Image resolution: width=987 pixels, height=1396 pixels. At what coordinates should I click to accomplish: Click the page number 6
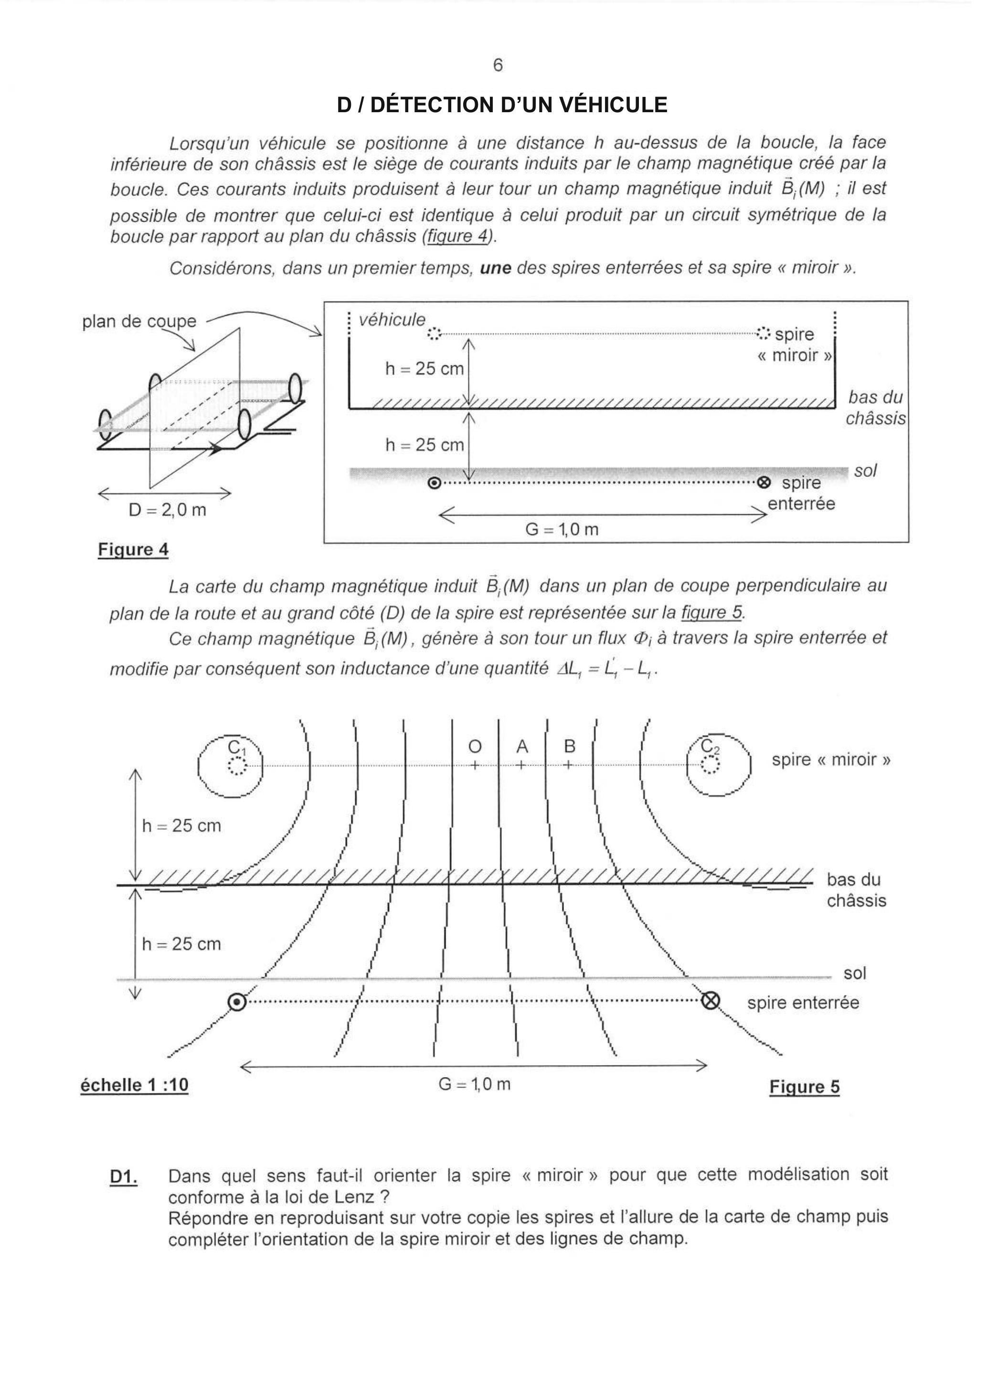pyautogui.click(x=498, y=66)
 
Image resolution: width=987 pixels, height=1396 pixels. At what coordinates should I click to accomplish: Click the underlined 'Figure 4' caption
pyautogui.click(x=133, y=550)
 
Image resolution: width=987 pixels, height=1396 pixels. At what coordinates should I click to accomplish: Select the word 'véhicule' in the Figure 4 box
pyautogui.click(x=392, y=320)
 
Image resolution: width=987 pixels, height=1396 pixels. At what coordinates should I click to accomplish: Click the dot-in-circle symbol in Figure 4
pyautogui.click(x=434, y=483)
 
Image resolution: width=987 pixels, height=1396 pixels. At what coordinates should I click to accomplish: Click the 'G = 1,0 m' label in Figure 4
pyautogui.click(x=562, y=529)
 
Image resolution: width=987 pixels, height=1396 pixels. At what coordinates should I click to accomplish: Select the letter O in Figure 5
pyautogui.click(x=475, y=747)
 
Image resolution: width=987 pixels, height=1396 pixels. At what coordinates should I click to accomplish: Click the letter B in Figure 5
pyautogui.click(x=569, y=747)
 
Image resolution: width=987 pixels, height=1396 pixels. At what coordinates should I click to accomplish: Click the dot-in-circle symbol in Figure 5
pyautogui.click(x=237, y=1001)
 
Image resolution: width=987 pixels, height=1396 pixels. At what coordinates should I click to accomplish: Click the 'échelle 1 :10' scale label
pyautogui.click(x=134, y=1085)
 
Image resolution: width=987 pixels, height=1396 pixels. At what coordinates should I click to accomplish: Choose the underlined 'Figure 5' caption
pyautogui.click(x=804, y=1087)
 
